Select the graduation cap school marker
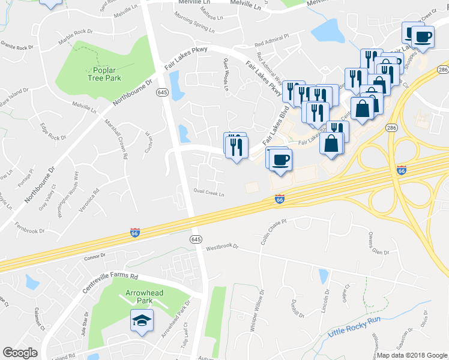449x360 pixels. click(x=142, y=321)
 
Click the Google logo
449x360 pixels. click(x=20, y=353)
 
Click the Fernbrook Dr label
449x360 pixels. click(x=30, y=230)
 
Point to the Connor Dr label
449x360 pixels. click(x=95, y=256)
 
